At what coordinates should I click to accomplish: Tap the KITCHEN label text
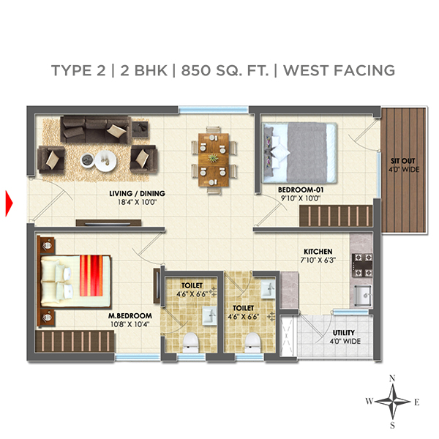[x=318, y=250]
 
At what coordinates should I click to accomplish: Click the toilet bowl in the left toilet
[x=192, y=341]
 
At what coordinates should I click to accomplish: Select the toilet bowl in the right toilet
[x=253, y=342]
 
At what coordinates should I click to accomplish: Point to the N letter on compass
[x=393, y=378]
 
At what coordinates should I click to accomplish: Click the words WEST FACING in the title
[x=339, y=70]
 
